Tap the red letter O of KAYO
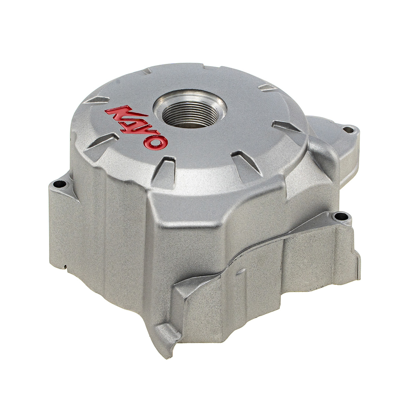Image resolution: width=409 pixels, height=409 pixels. click(x=155, y=142)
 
